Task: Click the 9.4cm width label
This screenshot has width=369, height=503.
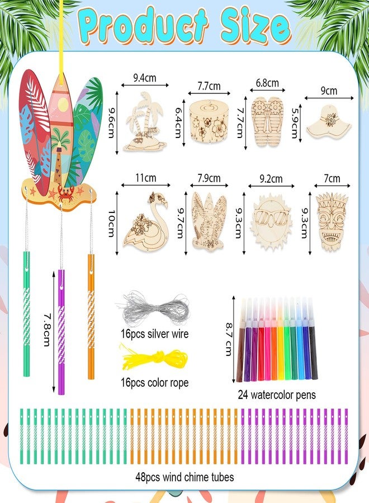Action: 145,78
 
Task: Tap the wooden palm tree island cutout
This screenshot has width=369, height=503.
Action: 145,122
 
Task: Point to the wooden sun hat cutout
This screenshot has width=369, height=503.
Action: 329,122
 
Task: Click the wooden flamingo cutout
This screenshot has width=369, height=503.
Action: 145,222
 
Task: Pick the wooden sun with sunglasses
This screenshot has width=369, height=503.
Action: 272,222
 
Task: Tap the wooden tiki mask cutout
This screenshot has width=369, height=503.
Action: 332,221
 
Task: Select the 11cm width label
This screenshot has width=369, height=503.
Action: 146,177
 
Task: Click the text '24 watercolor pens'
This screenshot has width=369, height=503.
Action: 277,395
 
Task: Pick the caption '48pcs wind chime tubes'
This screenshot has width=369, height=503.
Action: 184,477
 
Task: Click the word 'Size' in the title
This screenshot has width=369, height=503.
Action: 256,26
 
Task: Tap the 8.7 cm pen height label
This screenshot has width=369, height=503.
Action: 229,339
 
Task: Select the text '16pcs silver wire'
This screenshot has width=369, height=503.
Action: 154,334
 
